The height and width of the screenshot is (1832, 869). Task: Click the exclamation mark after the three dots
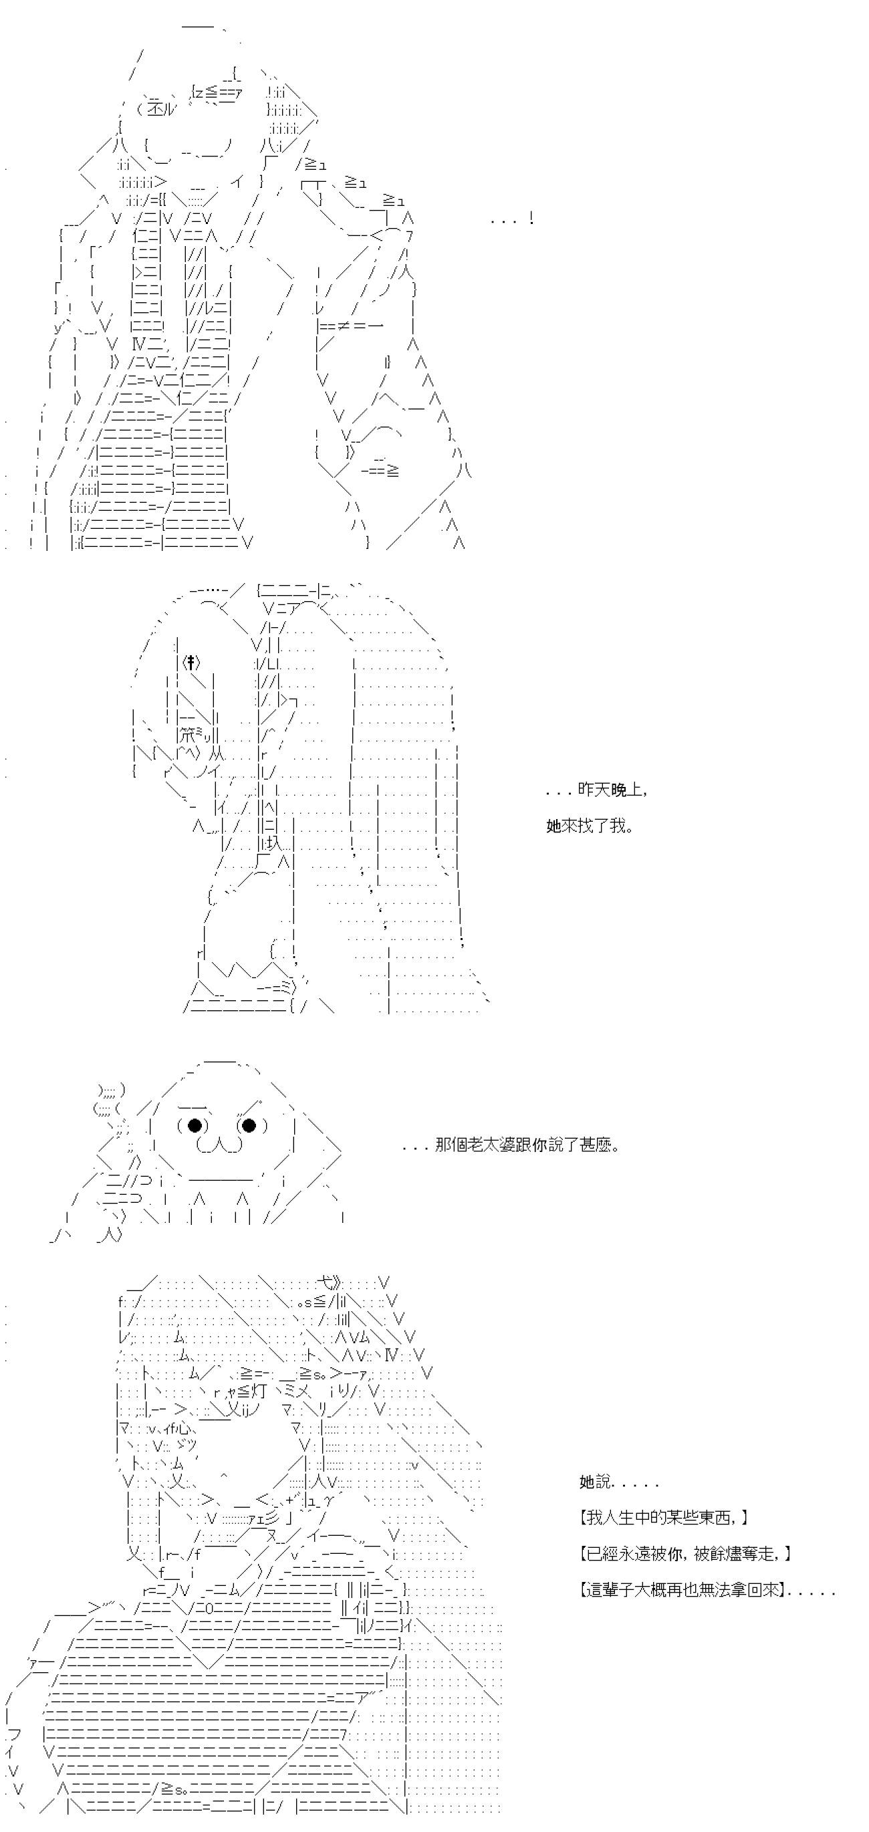532,219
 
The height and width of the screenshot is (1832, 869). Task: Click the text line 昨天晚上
612,790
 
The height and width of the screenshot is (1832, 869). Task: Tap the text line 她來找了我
590,826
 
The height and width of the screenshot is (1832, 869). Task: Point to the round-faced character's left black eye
195,1125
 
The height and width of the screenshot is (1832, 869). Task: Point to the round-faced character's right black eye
249,1125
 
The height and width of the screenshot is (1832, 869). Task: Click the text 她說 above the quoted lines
596,1482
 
